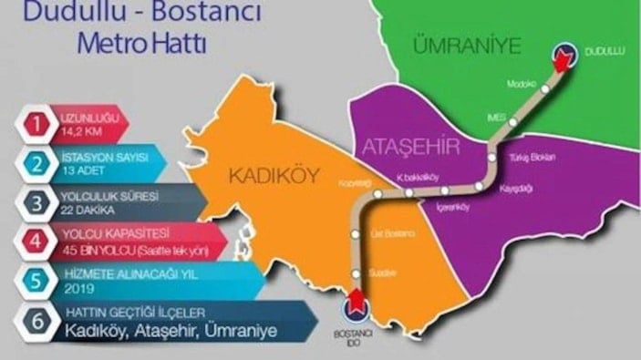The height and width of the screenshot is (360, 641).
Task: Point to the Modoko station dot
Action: (545, 89)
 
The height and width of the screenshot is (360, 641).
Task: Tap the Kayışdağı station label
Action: (518, 190)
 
